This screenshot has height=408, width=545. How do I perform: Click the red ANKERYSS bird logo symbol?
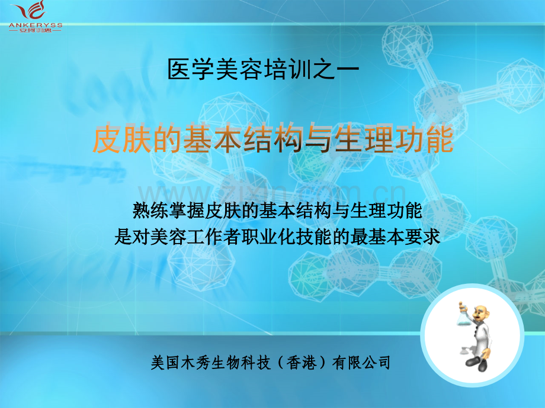coord(33,11)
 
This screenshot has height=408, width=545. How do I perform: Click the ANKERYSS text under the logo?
coord(36,25)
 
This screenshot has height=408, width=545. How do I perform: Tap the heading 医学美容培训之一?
coord(263,69)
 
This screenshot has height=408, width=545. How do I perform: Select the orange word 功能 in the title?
coord(424,139)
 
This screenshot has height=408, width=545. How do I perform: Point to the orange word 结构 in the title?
coord(273,139)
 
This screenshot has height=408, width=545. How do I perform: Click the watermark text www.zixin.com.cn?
coord(272,193)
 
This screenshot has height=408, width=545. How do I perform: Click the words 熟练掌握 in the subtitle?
coord(169,211)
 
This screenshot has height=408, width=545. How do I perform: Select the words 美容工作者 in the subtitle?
coord(195,237)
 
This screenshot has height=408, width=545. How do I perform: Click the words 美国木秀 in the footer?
coord(181,363)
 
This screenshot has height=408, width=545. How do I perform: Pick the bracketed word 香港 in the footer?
coord(301,363)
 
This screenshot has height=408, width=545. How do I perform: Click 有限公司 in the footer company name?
coord(361,363)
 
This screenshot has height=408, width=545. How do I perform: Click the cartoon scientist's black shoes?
coord(477,362)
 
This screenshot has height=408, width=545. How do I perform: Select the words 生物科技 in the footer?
coord(241,363)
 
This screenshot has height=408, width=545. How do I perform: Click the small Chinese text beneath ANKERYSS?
coord(36,31)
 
